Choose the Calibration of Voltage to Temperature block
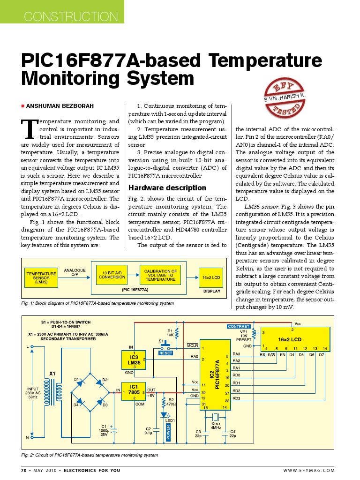[160, 275]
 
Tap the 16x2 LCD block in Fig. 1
[211, 277]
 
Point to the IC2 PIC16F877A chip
[216, 375]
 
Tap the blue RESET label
[165, 353]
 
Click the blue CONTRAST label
[239, 326]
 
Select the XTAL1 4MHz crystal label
[216, 425]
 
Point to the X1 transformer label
[52, 374]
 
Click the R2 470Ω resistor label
[171, 401]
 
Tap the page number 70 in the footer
[24, 470]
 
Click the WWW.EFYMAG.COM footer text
[309, 470]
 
